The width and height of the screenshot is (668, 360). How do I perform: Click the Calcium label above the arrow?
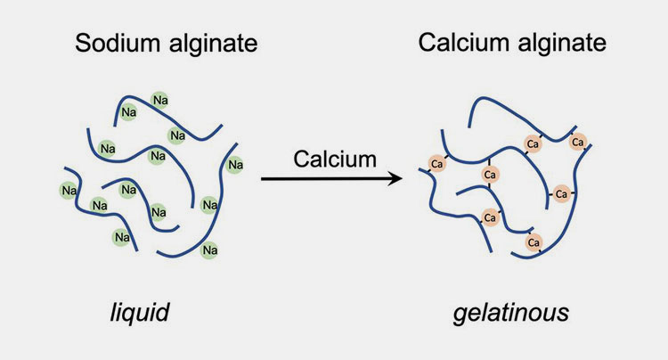(x=335, y=160)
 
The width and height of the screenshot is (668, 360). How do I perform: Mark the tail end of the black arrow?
(x=261, y=179)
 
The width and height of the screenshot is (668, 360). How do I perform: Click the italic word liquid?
(x=140, y=312)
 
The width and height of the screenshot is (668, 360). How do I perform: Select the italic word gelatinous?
(x=511, y=312)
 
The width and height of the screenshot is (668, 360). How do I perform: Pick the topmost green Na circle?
(x=160, y=100)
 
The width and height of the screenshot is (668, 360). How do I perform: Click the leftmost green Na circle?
(x=69, y=191)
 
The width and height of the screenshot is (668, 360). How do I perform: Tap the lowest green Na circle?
(x=209, y=250)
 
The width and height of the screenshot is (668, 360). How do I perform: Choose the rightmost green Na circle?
(x=235, y=165)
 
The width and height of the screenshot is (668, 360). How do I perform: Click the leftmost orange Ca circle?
(x=436, y=164)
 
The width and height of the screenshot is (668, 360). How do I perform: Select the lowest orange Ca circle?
(x=534, y=243)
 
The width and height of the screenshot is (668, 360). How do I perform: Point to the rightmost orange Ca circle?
(x=578, y=142)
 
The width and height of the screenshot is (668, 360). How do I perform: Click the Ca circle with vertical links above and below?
(x=490, y=175)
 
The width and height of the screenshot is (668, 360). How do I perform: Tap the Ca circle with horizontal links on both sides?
(x=561, y=194)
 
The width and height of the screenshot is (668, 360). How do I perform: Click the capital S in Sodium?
(x=83, y=43)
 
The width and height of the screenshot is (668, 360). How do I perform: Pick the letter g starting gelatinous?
(x=460, y=315)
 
